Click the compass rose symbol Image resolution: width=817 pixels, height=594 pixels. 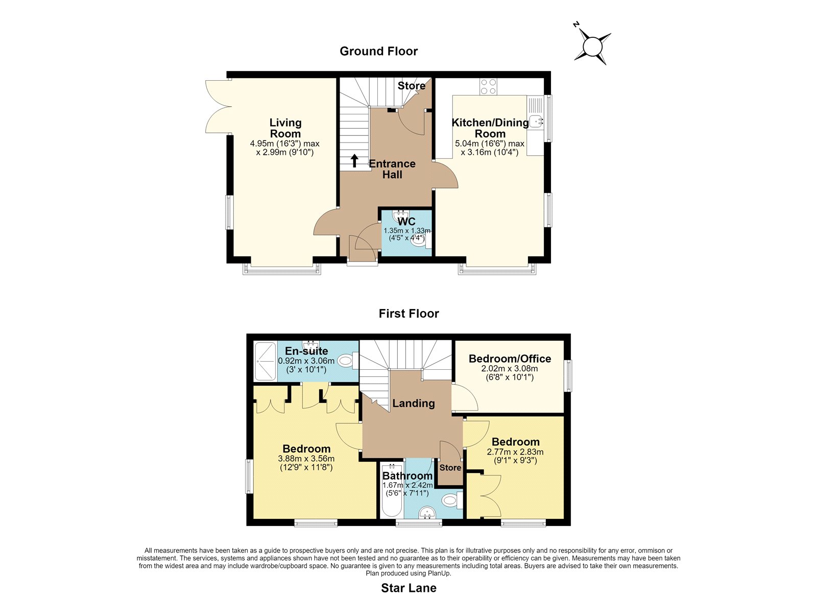tap(592, 46)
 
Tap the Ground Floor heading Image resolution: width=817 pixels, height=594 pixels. tap(378, 51)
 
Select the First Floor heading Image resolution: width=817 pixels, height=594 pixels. tap(408, 314)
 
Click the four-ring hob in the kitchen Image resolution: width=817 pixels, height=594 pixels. tap(488, 87)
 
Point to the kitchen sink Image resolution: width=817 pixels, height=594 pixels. tap(536, 121)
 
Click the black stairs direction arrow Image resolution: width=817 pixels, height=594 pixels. tap(354, 160)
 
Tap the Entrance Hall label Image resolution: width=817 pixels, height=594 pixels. tap(392, 169)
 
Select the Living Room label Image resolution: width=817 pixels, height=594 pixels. tap(285, 128)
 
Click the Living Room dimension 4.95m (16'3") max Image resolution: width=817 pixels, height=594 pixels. tap(284, 144)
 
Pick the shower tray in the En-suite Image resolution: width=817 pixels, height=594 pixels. tap(265, 361)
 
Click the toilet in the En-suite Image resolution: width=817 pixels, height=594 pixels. tap(347, 361)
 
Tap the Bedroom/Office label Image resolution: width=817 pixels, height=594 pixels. tap(510, 359)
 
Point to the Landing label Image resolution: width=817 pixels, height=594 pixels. tap(414, 403)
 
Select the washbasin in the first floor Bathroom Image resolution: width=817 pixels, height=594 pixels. tap(427, 513)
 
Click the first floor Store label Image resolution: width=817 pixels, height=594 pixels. tap(450, 467)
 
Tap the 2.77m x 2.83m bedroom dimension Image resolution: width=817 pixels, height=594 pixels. tap(515, 452)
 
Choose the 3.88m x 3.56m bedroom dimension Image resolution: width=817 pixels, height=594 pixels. tap(306, 459)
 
